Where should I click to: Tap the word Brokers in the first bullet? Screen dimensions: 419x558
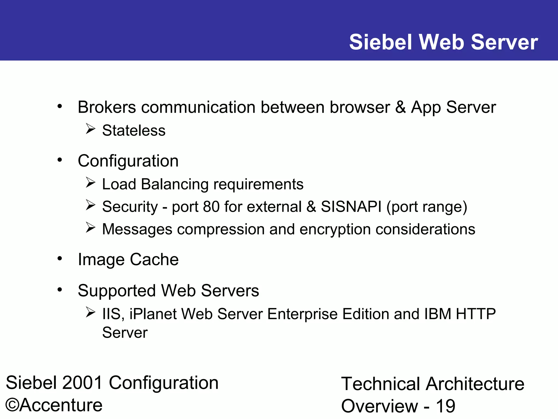click(x=107, y=107)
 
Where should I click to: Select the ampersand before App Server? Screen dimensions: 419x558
click(x=400, y=107)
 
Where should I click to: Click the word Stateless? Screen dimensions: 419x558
click(x=134, y=130)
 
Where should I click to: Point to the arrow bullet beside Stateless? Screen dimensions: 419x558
click(x=90, y=128)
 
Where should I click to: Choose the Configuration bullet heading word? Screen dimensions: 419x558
click(x=128, y=161)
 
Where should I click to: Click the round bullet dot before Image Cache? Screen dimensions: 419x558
click(x=60, y=258)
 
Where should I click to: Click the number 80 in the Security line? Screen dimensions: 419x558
click(x=211, y=206)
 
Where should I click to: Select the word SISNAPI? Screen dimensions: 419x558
click(x=351, y=206)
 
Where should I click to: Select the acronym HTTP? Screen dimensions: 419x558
click(x=476, y=314)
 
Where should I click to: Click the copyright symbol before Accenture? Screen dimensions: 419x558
click(x=12, y=405)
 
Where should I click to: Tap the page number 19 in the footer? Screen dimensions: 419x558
click(x=446, y=406)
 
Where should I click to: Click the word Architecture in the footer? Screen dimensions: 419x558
click(x=475, y=384)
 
